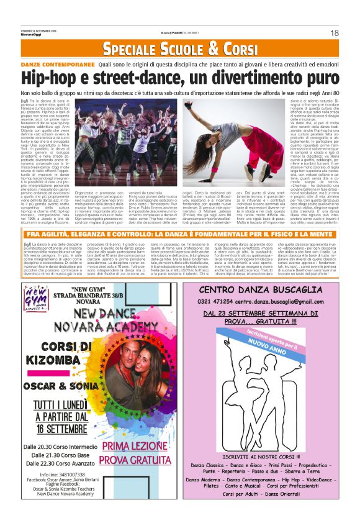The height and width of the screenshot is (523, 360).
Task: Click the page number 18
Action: tap(333, 32)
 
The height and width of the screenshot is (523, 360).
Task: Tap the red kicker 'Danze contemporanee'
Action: tap(57, 65)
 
